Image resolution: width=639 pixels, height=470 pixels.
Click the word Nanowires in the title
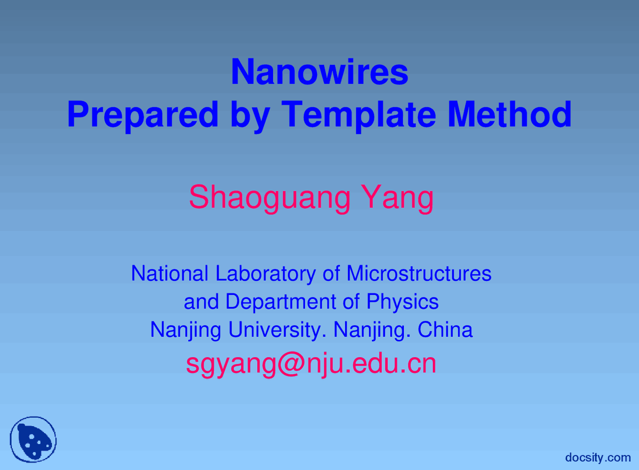pyautogui.click(x=319, y=72)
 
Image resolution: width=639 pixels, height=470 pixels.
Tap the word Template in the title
pyautogui.click(x=358, y=115)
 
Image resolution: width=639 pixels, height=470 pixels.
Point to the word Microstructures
pyautogui.click(x=418, y=273)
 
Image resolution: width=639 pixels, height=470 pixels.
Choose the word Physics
pyautogui.click(x=402, y=302)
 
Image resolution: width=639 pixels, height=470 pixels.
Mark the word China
pyautogui.click(x=445, y=330)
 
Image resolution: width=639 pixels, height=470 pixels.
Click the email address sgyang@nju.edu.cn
pyautogui.click(x=311, y=364)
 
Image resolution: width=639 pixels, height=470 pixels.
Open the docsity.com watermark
pyautogui.click(x=598, y=457)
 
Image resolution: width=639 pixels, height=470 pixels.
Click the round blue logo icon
pyautogui.click(x=33, y=440)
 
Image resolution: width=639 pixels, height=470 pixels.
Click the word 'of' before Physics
pyautogui.click(x=352, y=302)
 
